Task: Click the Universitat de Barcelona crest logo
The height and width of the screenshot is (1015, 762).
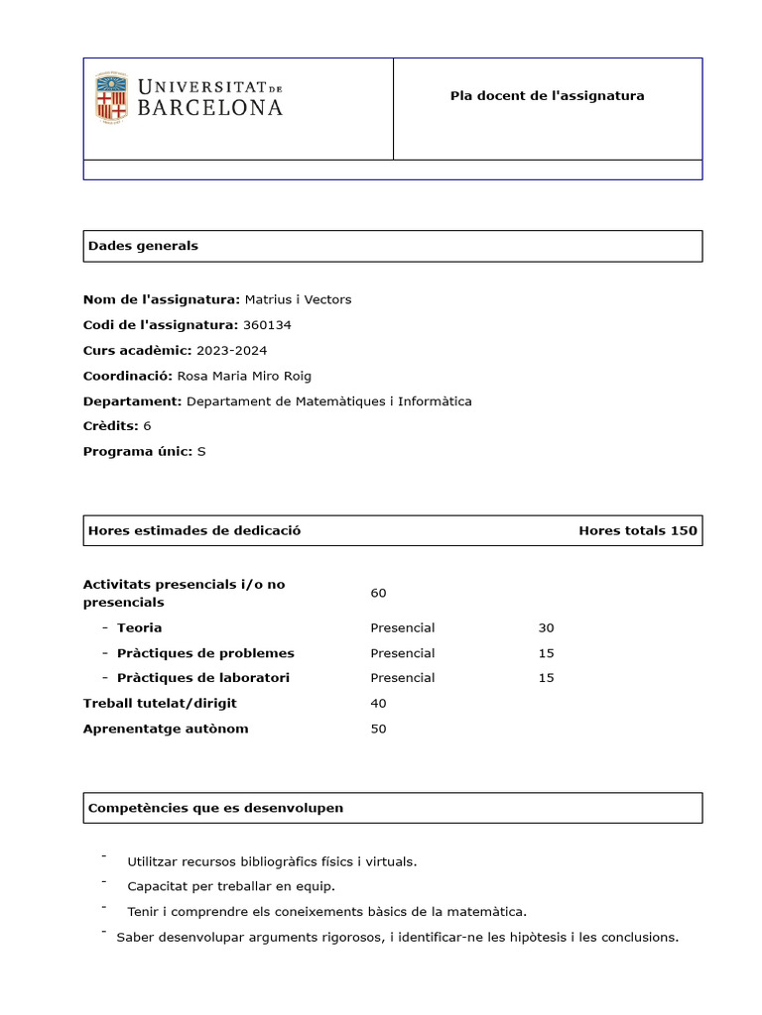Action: coord(111,97)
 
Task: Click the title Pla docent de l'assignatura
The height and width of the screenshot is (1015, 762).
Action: coord(547,96)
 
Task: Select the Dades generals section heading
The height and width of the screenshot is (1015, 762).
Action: coord(143,246)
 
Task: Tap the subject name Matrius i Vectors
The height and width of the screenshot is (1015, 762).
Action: coord(298,299)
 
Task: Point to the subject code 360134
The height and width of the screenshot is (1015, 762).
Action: coord(267,325)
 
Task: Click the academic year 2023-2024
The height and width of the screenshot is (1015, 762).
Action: coord(231,351)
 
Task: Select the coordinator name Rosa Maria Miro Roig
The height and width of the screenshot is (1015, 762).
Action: coord(244,376)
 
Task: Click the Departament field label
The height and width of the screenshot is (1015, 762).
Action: coord(132,401)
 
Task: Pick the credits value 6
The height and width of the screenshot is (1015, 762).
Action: coord(147,426)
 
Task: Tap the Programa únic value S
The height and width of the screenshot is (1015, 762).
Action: coord(201,452)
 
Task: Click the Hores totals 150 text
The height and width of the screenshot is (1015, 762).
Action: coord(637,530)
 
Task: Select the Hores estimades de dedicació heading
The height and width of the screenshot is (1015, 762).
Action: coord(194,530)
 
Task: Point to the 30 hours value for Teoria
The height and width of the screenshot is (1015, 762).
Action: coord(546,628)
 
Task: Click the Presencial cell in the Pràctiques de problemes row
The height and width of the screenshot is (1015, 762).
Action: coord(402,653)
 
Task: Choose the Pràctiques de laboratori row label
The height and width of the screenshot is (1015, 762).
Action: coord(203,678)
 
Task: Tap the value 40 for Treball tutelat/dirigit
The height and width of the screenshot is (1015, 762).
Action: coord(378,704)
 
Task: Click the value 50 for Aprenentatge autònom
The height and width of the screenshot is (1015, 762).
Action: coord(378,730)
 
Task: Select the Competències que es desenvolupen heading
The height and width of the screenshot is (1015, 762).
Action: coord(215,808)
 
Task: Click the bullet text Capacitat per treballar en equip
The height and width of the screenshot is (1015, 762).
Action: coord(231,886)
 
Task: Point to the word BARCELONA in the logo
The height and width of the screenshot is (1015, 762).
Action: coord(209,108)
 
